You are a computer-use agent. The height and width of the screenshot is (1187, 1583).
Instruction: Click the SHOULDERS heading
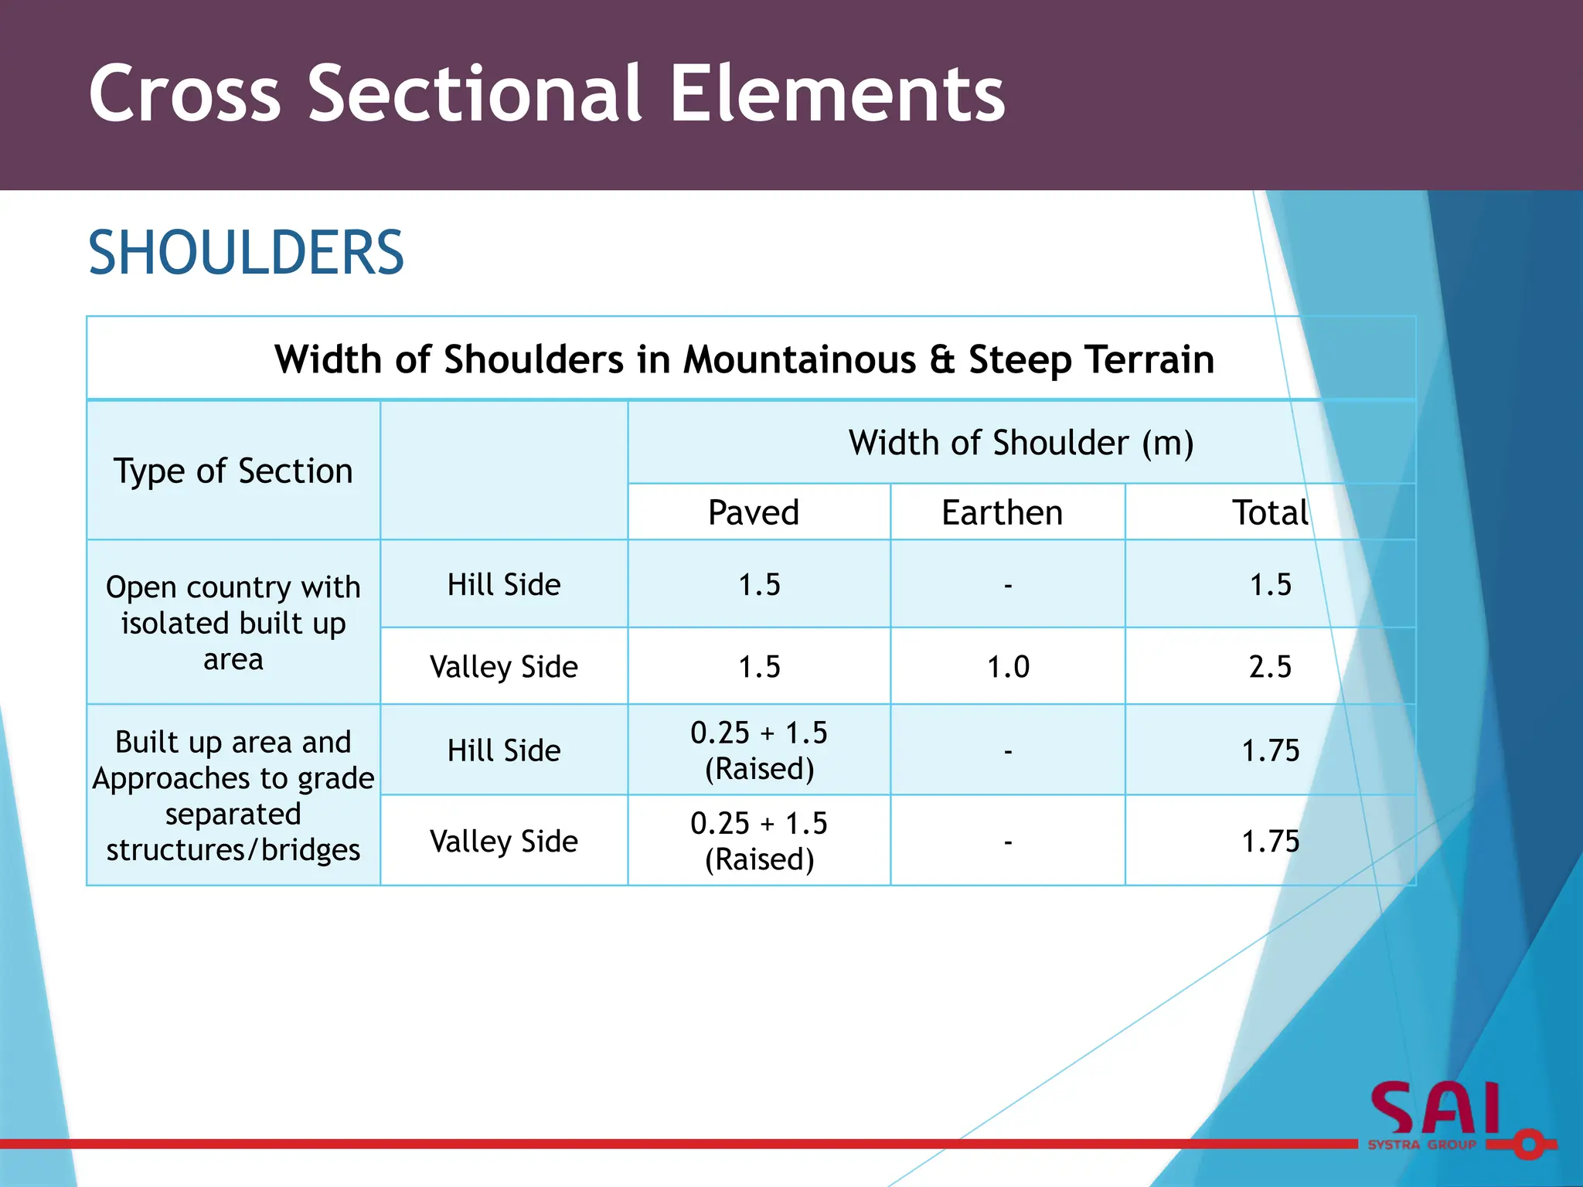(246, 253)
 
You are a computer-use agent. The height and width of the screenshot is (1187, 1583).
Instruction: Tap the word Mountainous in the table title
(799, 360)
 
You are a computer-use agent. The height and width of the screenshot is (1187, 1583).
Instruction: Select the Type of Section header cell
(233, 471)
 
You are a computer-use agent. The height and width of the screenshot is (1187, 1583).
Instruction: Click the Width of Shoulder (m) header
(1020, 443)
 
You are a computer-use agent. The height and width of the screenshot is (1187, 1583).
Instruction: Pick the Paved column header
(754, 512)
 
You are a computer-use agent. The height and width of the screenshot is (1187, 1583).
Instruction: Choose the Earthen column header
(1002, 512)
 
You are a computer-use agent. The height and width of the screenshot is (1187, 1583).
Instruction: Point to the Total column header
(1270, 512)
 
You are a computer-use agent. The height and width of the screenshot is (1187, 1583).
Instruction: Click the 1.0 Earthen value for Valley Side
(1008, 666)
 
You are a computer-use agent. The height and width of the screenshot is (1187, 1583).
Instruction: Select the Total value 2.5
(1270, 666)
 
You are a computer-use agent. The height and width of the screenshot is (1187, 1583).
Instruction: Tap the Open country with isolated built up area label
(233, 623)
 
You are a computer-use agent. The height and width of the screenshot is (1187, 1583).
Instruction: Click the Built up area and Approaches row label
(233, 795)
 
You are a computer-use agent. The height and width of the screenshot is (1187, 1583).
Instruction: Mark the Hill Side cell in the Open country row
(504, 584)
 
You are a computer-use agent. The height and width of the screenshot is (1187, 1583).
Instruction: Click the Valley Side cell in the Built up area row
(504, 841)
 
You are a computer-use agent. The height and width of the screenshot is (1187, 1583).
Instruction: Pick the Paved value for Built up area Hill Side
(758, 750)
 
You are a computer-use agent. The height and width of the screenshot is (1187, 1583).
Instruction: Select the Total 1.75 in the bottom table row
(1270, 841)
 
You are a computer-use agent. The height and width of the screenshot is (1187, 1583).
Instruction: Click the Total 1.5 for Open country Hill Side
(1270, 584)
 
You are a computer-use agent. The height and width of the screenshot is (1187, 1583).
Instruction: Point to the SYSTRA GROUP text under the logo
(1422, 1144)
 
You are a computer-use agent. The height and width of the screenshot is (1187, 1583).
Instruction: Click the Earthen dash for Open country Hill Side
(1008, 586)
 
